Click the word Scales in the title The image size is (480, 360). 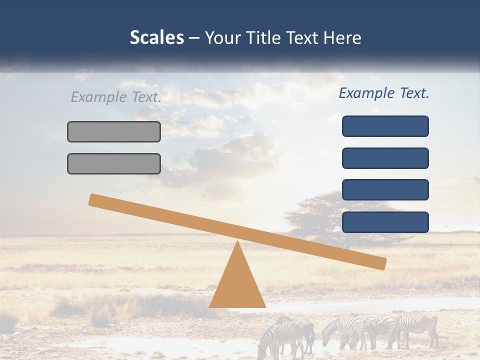tap(156, 37)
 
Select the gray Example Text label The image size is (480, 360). tap(116, 97)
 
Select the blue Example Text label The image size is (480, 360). tap(384, 93)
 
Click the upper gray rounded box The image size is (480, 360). tap(114, 131)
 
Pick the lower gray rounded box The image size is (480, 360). tap(114, 163)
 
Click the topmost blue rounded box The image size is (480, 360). tap(385, 126)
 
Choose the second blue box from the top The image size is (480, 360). tap(385, 158)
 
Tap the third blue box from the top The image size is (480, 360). tap(385, 190)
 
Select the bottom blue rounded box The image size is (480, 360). tap(385, 222)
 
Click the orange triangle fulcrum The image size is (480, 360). tap(237, 285)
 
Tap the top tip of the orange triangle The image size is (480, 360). tap(237, 242)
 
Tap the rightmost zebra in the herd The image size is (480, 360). tap(420, 327)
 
